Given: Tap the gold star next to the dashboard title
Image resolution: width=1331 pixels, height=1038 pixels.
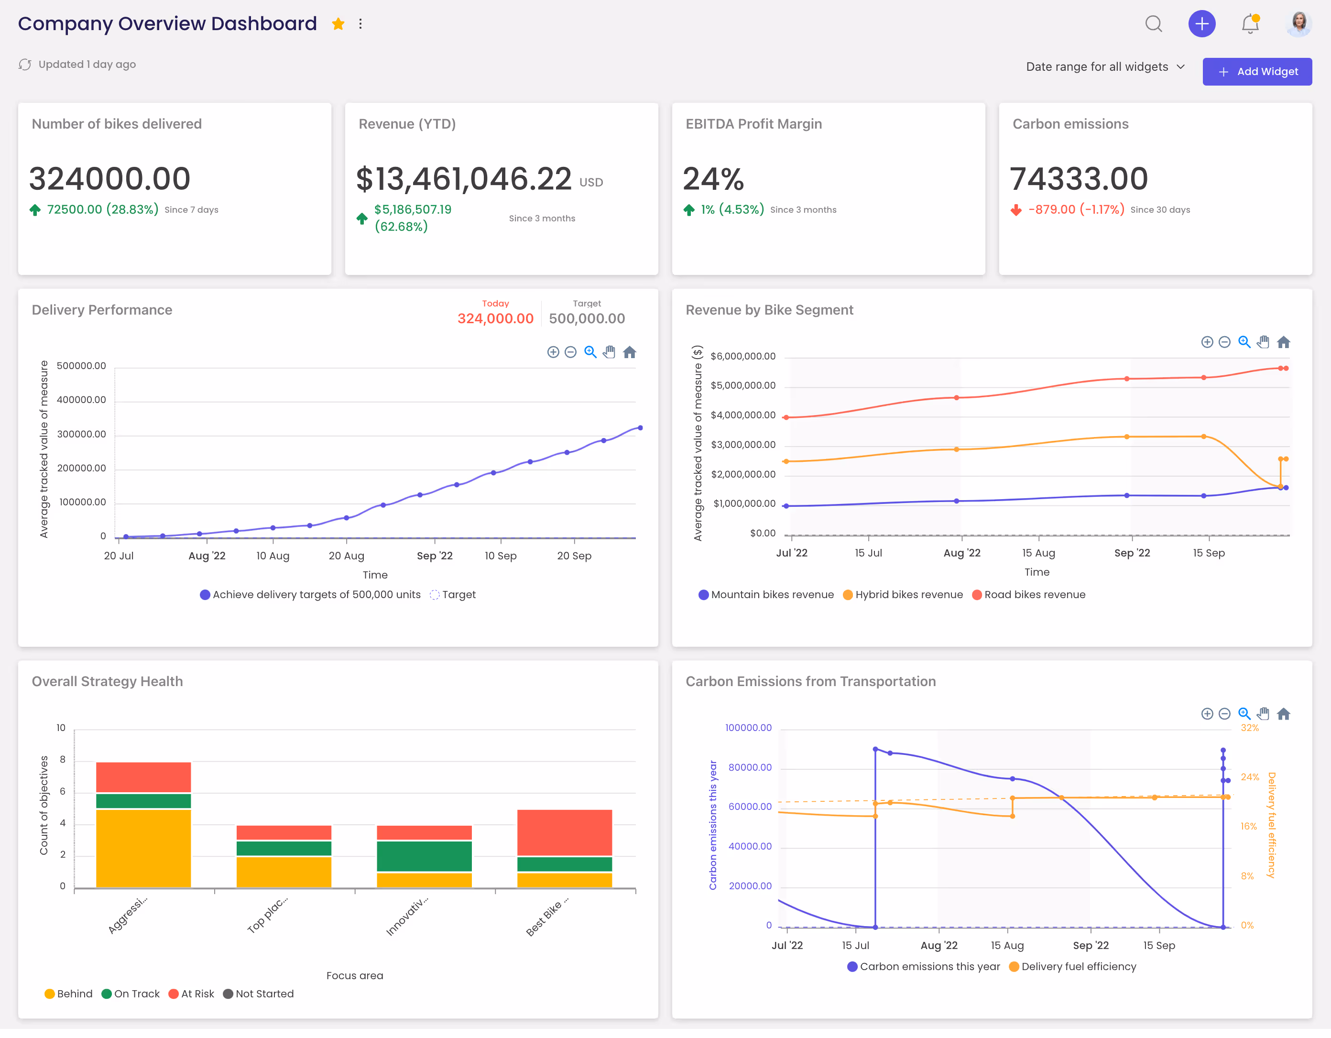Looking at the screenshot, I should [338, 24].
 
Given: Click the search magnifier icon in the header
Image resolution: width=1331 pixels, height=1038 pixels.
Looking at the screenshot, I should [1153, 24].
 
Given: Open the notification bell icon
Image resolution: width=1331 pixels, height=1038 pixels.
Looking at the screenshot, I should [1250, 24].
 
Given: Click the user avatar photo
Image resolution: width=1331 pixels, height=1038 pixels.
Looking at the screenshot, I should [1298, 24].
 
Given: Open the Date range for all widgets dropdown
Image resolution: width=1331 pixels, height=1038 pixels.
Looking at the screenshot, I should [1105, 67].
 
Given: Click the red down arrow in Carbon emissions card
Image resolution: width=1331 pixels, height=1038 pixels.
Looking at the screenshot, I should [1016, 210].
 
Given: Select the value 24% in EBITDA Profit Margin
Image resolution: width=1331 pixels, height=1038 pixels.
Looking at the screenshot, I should [713, 179].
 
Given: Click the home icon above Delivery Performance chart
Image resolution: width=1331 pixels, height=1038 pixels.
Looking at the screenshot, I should [630, 352].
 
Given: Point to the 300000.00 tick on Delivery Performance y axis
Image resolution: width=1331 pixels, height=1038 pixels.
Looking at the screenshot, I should [81, 435].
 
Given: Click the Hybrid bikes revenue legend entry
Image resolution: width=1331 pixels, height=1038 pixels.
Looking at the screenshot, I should [903, 595].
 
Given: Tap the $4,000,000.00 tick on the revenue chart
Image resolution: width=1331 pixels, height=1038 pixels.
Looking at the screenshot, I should [742, 415].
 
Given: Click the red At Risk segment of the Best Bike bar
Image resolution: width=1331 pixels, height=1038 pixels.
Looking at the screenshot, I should [564, 832].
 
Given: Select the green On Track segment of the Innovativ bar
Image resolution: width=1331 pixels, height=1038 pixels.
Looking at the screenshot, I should [424, 856].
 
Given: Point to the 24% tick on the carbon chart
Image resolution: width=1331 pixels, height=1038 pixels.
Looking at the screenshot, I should [1249, 778].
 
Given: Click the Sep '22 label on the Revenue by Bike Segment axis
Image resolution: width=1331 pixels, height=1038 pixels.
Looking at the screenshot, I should [1132, 554].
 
